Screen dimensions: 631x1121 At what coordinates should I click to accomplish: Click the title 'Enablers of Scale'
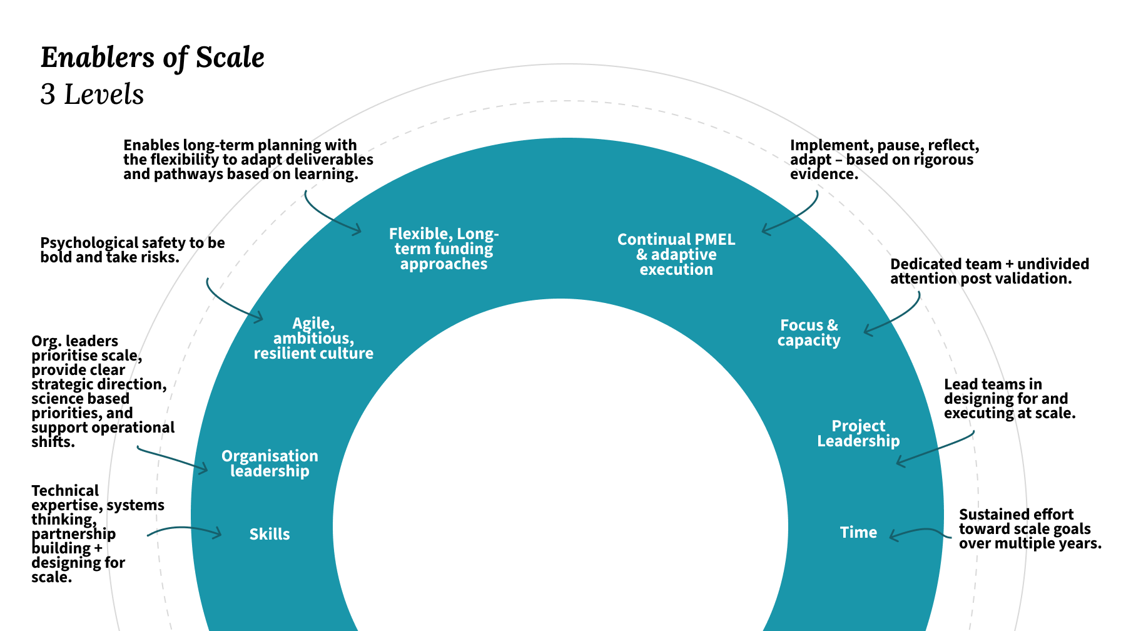pos(153,58)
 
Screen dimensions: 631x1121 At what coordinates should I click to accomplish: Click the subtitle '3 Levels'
pos(92,95)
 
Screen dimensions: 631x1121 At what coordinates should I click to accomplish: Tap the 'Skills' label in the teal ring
pos(270,534)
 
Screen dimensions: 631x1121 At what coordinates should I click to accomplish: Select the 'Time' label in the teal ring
pos(858,532)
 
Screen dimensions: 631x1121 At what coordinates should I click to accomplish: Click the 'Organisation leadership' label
pos(270,463)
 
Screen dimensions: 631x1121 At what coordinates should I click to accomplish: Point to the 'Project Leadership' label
pos(858,433)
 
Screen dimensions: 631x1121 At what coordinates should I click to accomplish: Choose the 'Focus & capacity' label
pos(809,332)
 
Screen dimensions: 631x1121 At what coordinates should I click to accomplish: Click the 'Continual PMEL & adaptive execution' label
pos(676,254)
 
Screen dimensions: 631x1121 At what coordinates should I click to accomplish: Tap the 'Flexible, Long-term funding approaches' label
pos(444,249)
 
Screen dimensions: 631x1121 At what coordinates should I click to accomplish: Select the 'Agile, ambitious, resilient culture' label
pos(313,338)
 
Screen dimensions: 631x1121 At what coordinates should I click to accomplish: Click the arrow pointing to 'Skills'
pos(185,530)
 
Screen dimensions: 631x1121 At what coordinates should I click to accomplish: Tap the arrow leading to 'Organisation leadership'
pos(172,459)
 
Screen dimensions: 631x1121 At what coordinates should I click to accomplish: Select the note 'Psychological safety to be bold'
pos(133,250)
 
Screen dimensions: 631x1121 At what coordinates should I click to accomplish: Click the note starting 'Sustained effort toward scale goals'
pos(1030,529)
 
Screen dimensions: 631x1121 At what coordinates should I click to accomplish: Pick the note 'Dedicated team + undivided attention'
pos(989,271)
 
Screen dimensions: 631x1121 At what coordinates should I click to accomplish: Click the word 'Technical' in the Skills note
pos(65,491)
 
